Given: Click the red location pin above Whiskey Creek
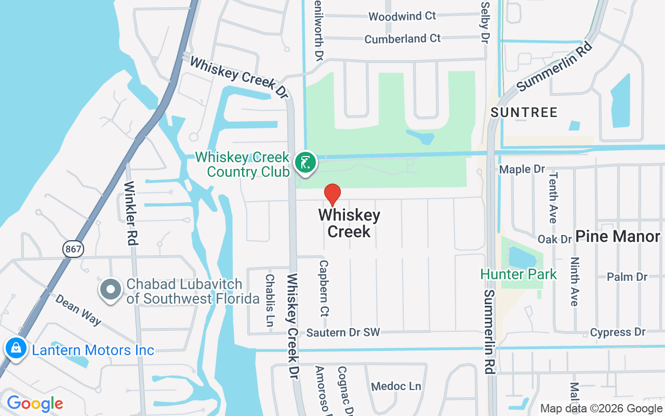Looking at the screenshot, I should (332, 194).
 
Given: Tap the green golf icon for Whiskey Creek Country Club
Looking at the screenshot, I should (305, 162).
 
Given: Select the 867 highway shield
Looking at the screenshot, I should (73, 249).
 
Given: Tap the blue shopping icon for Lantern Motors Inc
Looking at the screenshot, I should (16, 348).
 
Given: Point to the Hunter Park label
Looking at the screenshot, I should (518, 274).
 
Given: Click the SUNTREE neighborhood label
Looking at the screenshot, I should (524, 112).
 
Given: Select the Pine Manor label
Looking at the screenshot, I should (618, 237).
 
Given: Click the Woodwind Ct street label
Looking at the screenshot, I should (402, 17).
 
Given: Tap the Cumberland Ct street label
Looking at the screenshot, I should (402, 39).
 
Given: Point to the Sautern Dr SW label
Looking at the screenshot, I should (343, 332).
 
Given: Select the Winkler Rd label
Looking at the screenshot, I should (130, 213).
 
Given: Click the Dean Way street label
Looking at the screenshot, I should (78, 310).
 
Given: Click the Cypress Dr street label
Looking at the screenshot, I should (618, 332).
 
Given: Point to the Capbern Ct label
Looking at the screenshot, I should (324, 289).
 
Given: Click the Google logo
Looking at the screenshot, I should (35, 404).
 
